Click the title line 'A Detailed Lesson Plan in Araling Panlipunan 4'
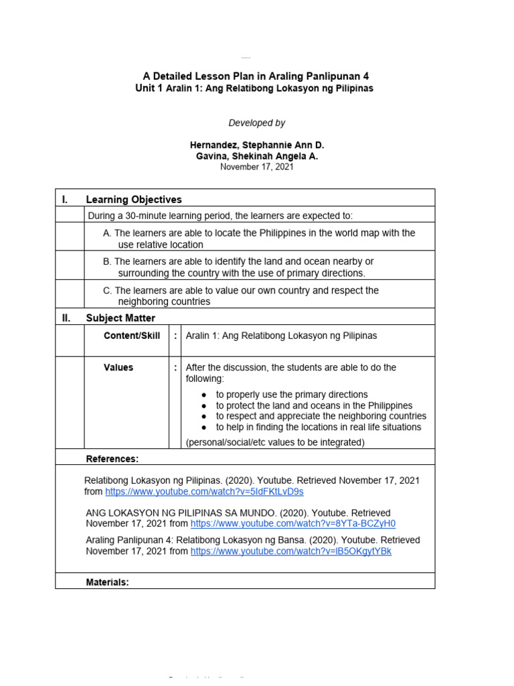[256, 76]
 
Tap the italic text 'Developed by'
[256, 123]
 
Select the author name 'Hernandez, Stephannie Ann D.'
[256, 145]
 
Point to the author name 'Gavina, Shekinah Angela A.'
[256, 156]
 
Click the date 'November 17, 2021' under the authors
[256, 167]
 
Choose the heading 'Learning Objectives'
[134, 200]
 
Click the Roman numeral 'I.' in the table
[65, 200]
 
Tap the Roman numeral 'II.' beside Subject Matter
[66, 318]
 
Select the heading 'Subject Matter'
[120, 318]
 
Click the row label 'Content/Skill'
[132, 336]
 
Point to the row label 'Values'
[118, 368]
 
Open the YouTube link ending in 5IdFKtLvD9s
[204, 492]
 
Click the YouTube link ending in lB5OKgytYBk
[290, 551]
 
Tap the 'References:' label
[112, 459]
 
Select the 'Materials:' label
[108, 583]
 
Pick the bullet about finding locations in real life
[318, 427]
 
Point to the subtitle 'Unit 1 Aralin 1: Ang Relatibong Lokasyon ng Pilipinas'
[254, 88]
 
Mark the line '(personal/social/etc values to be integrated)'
[275, 442]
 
